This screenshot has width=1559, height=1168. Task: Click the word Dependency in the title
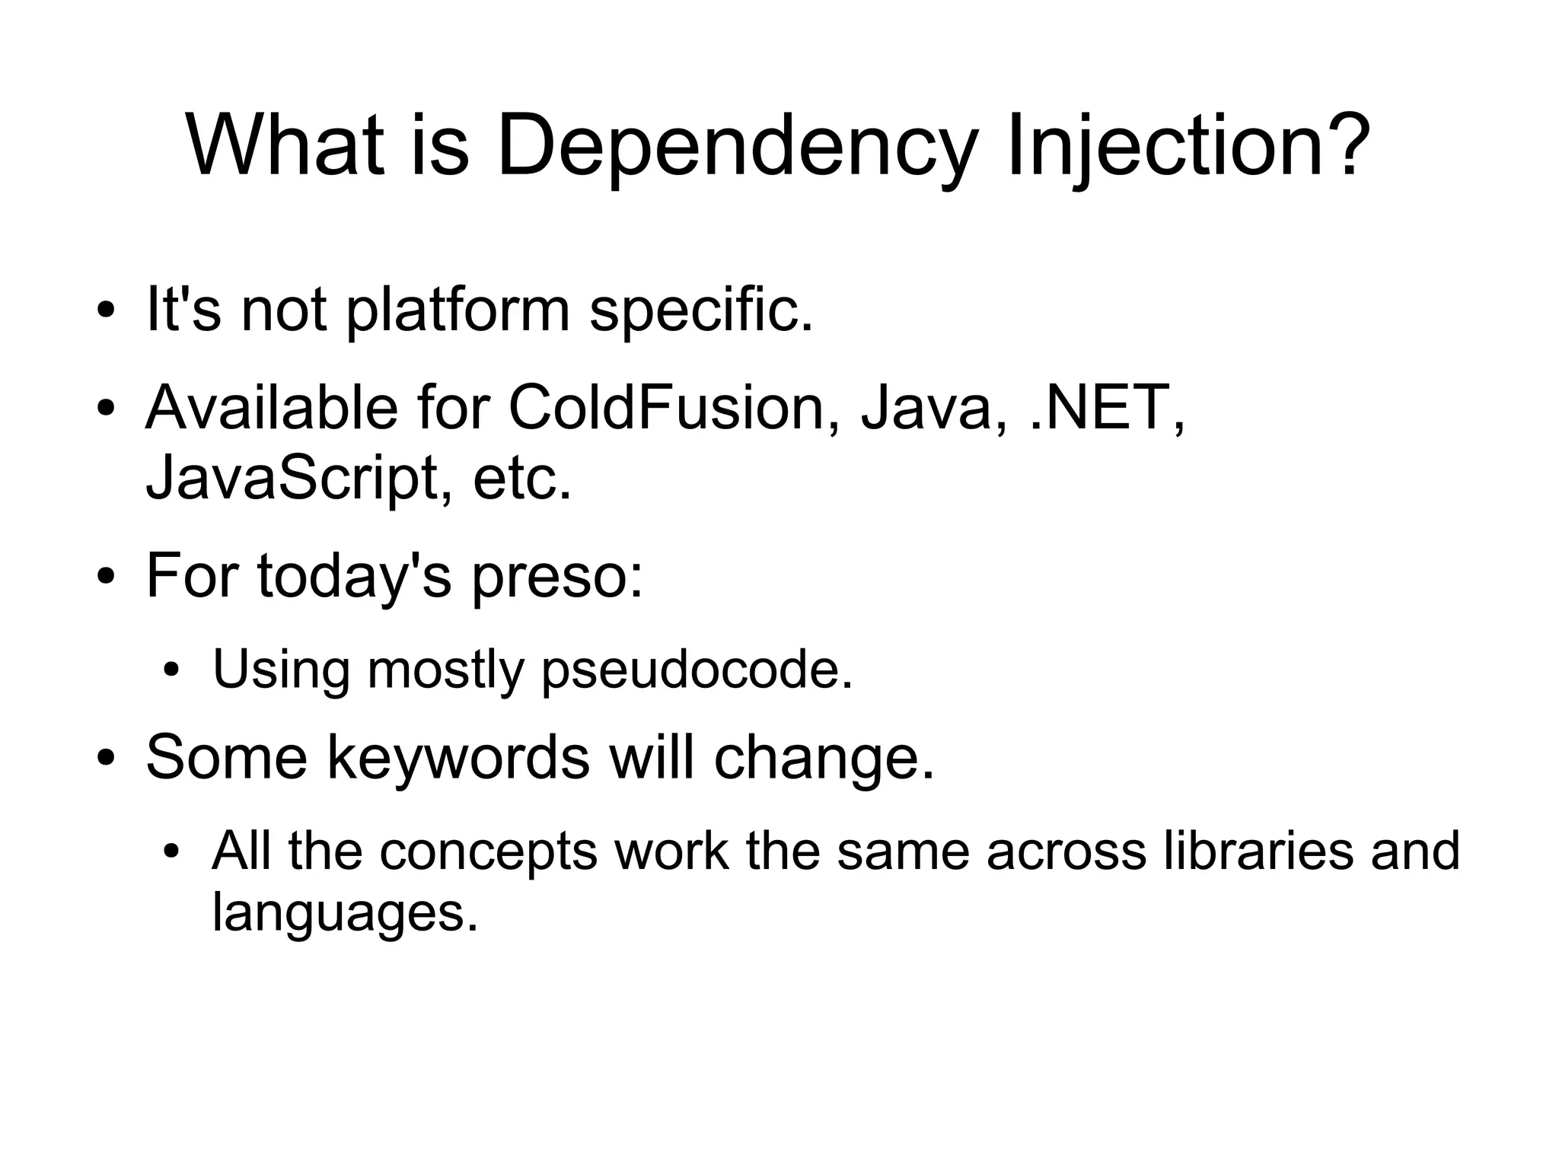point(735,146)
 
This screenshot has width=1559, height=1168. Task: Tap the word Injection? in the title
point(1183,146)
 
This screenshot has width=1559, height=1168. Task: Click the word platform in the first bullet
point(458,310)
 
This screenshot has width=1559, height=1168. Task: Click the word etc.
point(522,479)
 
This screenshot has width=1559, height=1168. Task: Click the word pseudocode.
point(697,670)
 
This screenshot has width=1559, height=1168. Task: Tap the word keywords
point(458,758)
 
